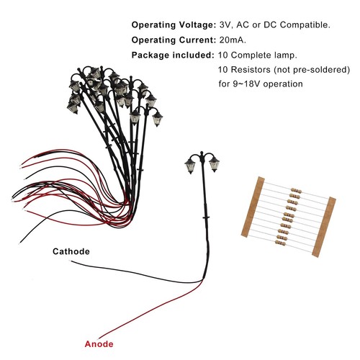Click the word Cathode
click(71, 251)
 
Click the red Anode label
click(99, 344)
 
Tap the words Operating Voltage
click(174, 24)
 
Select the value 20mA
click(233, 40)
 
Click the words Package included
click(173, 55)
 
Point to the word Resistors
click(251, 70)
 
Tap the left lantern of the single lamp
click(190, 166)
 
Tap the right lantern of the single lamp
click(214, 163)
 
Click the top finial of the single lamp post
click(202, 153)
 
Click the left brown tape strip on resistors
click(253, 207)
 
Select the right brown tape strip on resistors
click(324, 227)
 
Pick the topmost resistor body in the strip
click(296, 191)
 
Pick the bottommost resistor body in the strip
click(280, 243)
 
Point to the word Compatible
click(305, 24)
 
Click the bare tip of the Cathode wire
click(71, 261)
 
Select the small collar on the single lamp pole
click(206, 217)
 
